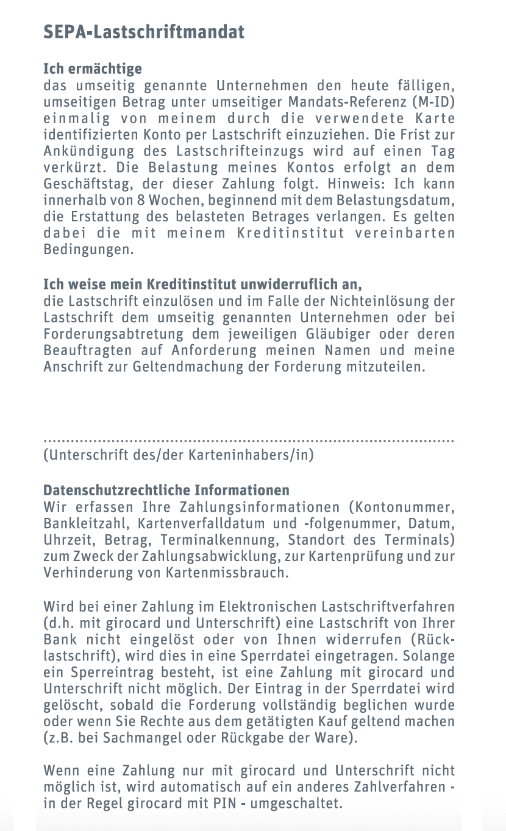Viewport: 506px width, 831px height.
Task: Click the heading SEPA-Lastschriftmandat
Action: click(144, 32)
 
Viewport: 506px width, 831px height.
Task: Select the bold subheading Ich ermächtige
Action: click(93, 69)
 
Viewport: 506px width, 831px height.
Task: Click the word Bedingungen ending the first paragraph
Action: click(88, 250)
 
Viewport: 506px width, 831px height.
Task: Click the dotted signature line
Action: click(249, 439)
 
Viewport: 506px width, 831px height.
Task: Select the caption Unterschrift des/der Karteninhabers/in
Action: click(179, 455)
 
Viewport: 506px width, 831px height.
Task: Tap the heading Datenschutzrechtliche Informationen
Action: click(166, 490)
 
